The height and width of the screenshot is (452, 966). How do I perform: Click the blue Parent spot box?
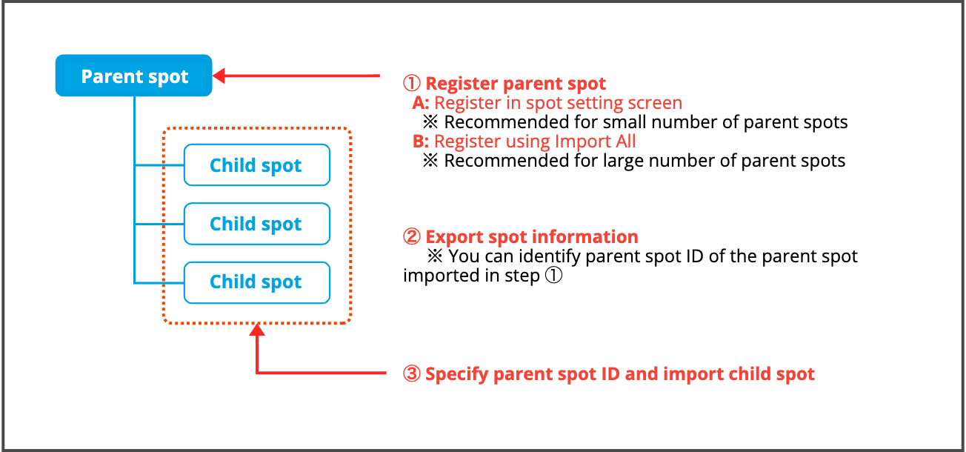point(133,76)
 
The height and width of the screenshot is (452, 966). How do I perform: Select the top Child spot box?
point(257,165)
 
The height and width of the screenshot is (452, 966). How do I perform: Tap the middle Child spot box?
point(257,224)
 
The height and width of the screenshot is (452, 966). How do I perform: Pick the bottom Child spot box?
point(257,282)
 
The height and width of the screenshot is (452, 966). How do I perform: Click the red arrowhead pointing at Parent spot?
point(219,76)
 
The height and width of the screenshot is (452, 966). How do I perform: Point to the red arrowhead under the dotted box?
point(257,330)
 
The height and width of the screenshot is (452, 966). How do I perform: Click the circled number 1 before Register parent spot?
point(411,83)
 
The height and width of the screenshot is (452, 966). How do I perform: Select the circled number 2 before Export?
point(411,237)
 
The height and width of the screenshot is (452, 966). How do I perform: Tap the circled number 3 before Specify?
point(411,373)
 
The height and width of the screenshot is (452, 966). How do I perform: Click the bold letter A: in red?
point(421,103)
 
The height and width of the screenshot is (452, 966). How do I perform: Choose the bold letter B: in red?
point(421,142)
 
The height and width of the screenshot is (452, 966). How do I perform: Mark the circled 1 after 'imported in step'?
point(553,275)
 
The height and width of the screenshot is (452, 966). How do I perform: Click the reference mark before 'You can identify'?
point(435,256)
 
